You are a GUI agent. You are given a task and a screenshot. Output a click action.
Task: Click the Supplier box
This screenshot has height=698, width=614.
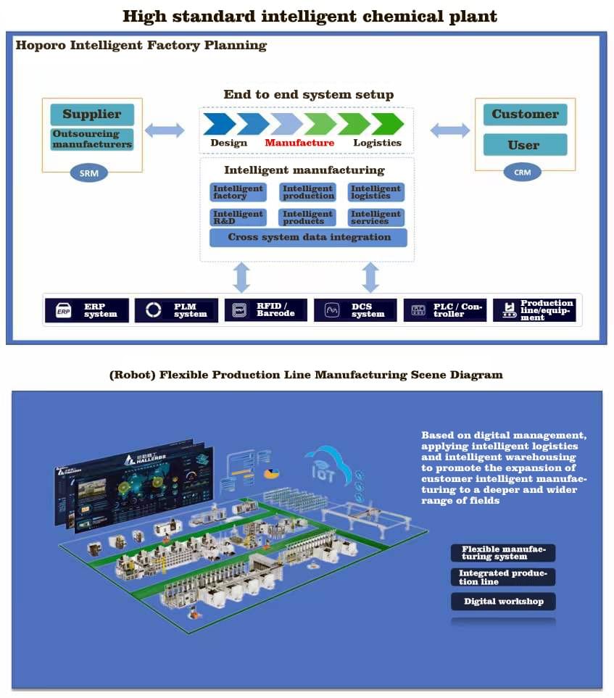(91, 115)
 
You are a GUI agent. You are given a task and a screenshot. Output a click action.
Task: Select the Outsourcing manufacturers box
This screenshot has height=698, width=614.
(91, 139)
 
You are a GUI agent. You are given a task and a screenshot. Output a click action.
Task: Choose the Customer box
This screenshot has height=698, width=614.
(525, 115)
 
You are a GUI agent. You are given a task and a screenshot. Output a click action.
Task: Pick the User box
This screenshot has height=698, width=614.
(524, 145)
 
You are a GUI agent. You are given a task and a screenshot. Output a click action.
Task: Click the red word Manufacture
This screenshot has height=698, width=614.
(299, 143)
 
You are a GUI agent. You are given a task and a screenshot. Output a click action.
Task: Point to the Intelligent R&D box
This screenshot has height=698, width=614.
(238, 217)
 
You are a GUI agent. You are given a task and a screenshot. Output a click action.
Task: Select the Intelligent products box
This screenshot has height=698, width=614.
(307, 217)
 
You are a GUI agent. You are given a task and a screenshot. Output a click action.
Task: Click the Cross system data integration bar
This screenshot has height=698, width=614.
(308, 238)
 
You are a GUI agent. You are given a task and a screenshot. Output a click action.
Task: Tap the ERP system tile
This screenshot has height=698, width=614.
(87, 310)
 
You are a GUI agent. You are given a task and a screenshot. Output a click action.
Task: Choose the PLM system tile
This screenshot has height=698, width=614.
(176, 310)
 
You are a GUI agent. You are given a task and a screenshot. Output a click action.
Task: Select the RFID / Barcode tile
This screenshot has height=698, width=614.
(265, 310)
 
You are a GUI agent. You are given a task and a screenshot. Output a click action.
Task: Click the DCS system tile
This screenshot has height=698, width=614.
(355, 310)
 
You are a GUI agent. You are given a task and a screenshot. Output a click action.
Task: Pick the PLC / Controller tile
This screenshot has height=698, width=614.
(445, 310)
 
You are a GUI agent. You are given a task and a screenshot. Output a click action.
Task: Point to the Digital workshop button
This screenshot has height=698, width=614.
(503, 602)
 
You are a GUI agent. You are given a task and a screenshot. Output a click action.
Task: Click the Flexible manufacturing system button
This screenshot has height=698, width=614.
(503, 553)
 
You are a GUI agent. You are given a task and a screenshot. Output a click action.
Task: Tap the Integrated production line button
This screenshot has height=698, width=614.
(503, 577)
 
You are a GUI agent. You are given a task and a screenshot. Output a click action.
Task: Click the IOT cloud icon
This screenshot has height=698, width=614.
(325, 464)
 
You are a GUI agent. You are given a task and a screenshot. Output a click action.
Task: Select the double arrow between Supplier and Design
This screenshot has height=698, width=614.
(164, 130)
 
